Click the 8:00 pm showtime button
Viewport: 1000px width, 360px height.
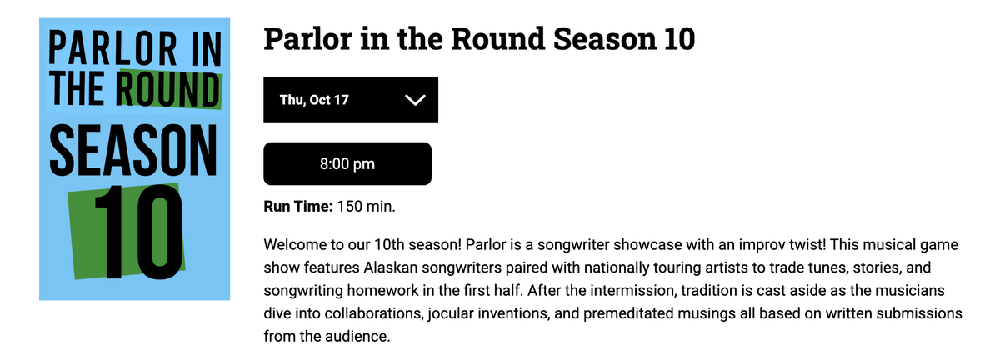click(347, 164)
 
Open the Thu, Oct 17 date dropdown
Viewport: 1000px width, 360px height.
click(350, 100)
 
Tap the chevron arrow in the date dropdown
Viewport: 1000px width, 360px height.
click(414, 101)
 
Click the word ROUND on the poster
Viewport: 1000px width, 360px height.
click(169, 89)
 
